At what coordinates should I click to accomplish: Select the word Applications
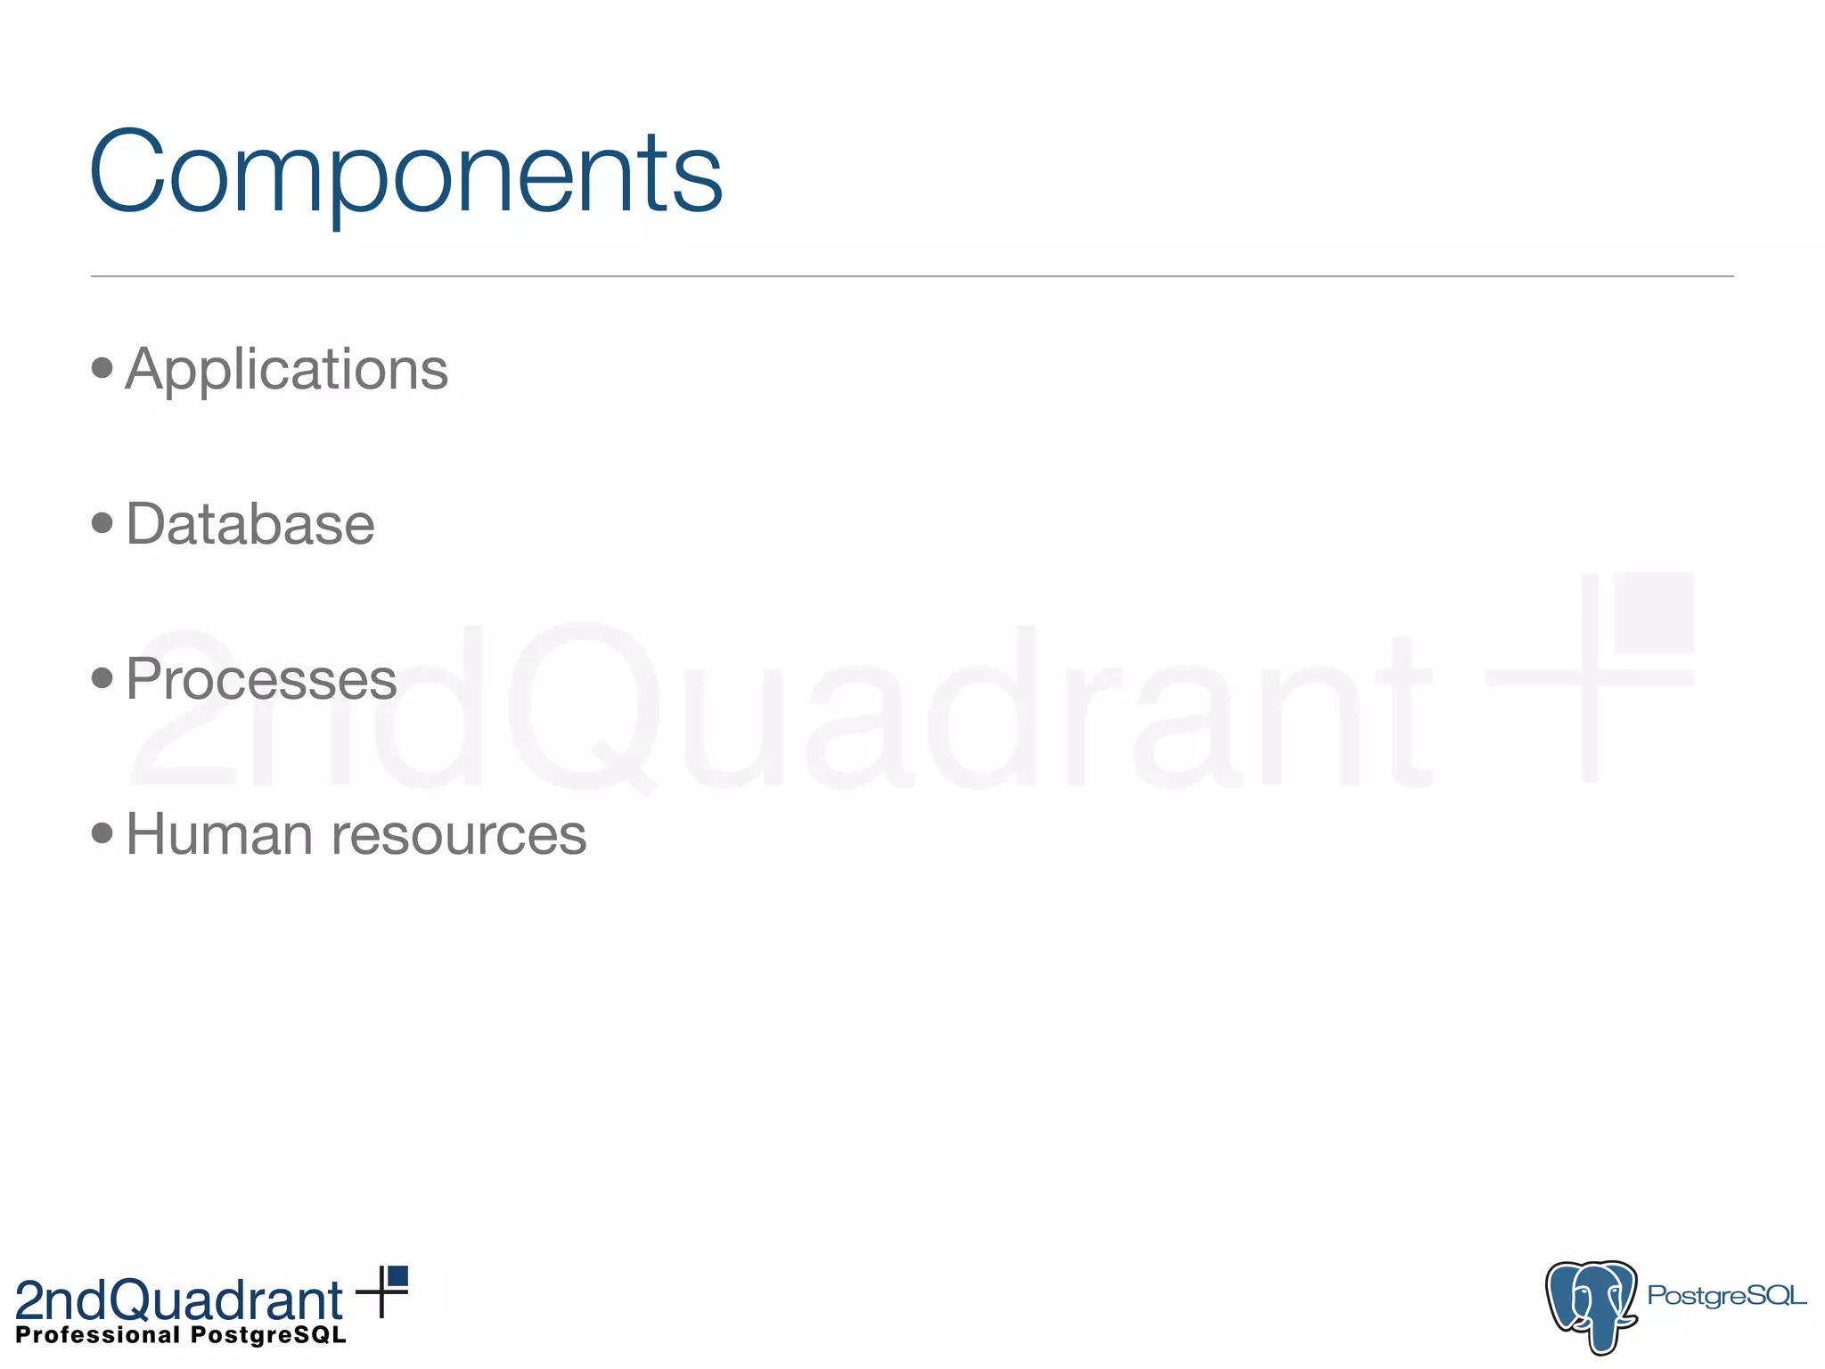[287, 369]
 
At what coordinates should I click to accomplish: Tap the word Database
[250, 524]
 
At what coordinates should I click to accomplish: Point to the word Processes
[261, 679]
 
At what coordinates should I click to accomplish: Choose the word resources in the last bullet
[459, 836]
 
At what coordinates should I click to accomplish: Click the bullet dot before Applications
[102, 367]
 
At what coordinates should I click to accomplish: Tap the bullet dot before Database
[102, 522]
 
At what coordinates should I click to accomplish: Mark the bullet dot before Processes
[102, 677]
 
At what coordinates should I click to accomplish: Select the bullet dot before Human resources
[102, 832]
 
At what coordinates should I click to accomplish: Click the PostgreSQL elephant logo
[1592, 1305]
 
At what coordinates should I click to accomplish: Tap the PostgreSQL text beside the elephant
[1726, 1295]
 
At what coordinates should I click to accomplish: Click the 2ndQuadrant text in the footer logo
[178, 1300]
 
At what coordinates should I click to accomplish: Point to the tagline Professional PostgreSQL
[181, 1335]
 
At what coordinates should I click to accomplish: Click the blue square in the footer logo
[397, 1275]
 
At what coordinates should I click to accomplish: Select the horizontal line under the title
[912, 276]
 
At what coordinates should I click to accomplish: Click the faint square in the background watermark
[1653, 612]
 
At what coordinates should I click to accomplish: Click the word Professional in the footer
[98, 1335]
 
